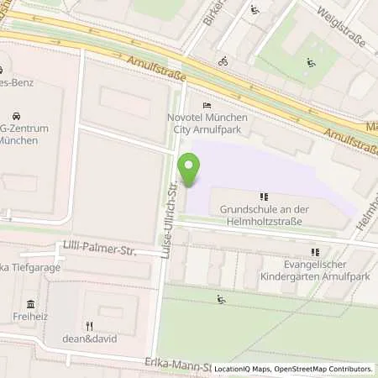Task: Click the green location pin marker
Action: (x=189, y=170)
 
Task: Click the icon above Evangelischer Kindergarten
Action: (x=315, y=251)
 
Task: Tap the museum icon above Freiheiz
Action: (x=30, y=303)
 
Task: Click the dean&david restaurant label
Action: (x=89, y=339)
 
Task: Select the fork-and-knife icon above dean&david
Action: (x=89, y=325)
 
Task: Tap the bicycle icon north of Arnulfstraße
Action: (x=223, y=60)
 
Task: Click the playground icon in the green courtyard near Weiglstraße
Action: (x=311, y=61)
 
